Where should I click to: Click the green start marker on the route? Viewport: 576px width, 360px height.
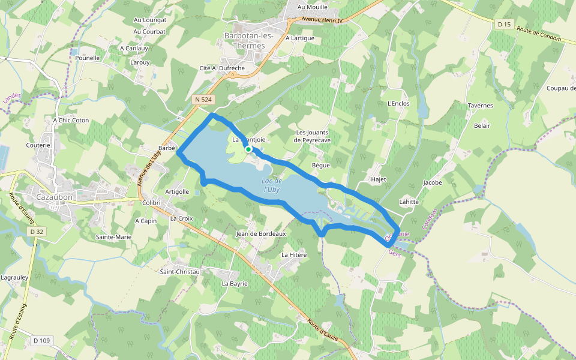pyautogui.click(x=248, y=149)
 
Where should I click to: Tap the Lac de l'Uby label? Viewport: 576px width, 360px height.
pyautogui.click(x=272, y=185)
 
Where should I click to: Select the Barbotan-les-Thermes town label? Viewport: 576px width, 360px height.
pyautogui.click(x=248, y=40)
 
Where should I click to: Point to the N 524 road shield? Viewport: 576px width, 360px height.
pyautogui.click(x=203, y=99)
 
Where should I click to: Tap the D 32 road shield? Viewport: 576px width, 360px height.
pyautogui.click(x=37, y=231)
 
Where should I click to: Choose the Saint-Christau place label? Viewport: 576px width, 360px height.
pyautogui.click(x=179, y=272)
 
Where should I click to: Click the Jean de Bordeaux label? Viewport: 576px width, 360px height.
pyautogui.click(x=261, y=233)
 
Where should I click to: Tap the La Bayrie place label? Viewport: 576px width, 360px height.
pyautogui.click(x=235, y=283)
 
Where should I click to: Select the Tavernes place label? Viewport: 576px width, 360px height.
pyautogui.click(x=480, y=106)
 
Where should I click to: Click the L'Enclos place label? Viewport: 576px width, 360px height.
pyautogui.click(x=398, y=103)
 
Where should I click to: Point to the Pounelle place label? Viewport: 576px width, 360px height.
pyautogui.click(x=88, y=58)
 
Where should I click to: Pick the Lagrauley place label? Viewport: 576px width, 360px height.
pyautogui.click(x=15, y=278)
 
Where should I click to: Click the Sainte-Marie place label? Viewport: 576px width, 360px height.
pyautogui.click(x=113, y=237)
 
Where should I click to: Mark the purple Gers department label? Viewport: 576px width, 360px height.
pyautogui.click(x=394, y=253)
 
